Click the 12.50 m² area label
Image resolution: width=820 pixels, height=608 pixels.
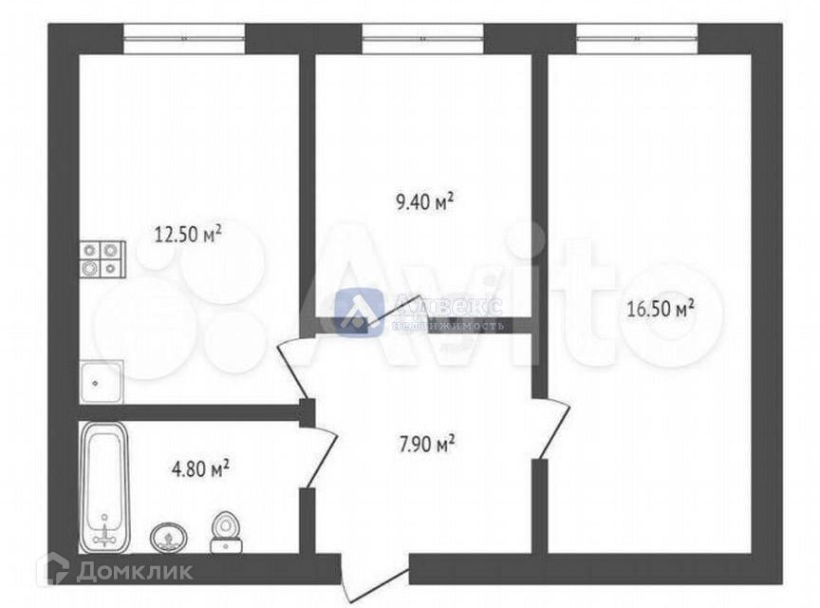pyautogui.click(x=188, y=233)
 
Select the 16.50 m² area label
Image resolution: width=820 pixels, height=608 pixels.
pyautogui.click(x=661, y=309)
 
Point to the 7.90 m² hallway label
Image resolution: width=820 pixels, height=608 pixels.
pyautogui.click(x=424, y=443)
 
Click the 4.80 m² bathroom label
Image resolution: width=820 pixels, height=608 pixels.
pyautogui.click(x=198, y=467)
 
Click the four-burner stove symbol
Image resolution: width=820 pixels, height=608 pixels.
pyautogui.click(x=102, y=258)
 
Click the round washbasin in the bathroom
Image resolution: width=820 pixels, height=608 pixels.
pyautogui.click(x=168, y=538)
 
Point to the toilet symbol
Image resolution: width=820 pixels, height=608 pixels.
pyautogui.click(x=225, y=532)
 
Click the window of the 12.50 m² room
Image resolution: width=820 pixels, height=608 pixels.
pyautogui.click(x=184, y=39)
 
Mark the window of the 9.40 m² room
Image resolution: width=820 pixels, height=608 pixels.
pyautogui.click(x=423, y=39)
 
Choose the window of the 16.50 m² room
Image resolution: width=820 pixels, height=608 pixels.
pyautogui.click(x=637, y=39)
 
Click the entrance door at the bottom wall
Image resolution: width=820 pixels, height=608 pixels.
pyautogui.click(x=372, y=575)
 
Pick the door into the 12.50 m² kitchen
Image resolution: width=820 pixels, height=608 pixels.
pyautogui.click(x=294, y=365)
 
